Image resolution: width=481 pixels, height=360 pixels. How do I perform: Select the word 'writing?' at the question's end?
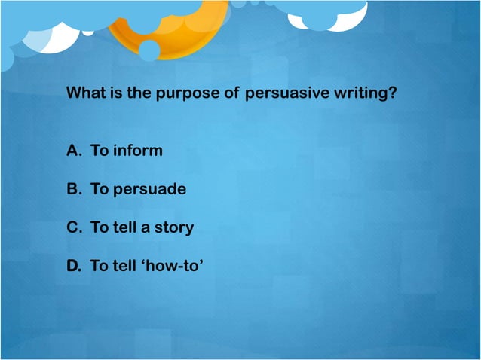tap(367, 95)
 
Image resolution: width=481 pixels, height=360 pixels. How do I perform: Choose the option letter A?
tap(74, 151)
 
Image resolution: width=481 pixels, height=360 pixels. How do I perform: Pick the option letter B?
tap(74, 189)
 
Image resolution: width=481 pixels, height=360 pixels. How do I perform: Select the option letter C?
tap(74, 227)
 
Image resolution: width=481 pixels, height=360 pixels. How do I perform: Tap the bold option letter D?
tap(74, 266)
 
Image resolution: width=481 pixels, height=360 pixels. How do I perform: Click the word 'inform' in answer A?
tap(137, 151)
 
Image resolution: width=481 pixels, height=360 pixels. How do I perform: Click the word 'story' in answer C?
tap(173, 227)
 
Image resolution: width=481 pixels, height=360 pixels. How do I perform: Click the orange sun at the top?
tap(162, 26)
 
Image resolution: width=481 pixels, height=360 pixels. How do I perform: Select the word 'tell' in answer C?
tap(124, 227)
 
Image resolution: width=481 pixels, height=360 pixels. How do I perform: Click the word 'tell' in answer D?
tap(124, 266)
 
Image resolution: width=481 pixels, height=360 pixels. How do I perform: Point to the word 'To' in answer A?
tap(100, 151)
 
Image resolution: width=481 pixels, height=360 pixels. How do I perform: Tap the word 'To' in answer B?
tap(100, 189)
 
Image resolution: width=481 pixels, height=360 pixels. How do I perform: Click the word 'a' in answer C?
tap(145, 228)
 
